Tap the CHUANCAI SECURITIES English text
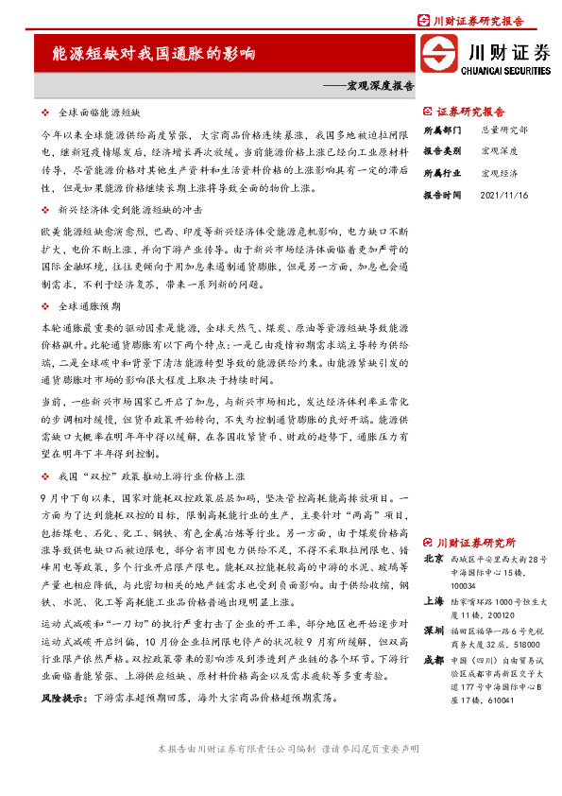point(505,69)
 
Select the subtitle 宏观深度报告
point(368,85)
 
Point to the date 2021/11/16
point(503,195)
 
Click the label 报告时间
point(442,195)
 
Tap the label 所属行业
point(442,173)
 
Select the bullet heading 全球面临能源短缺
point(98,112)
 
